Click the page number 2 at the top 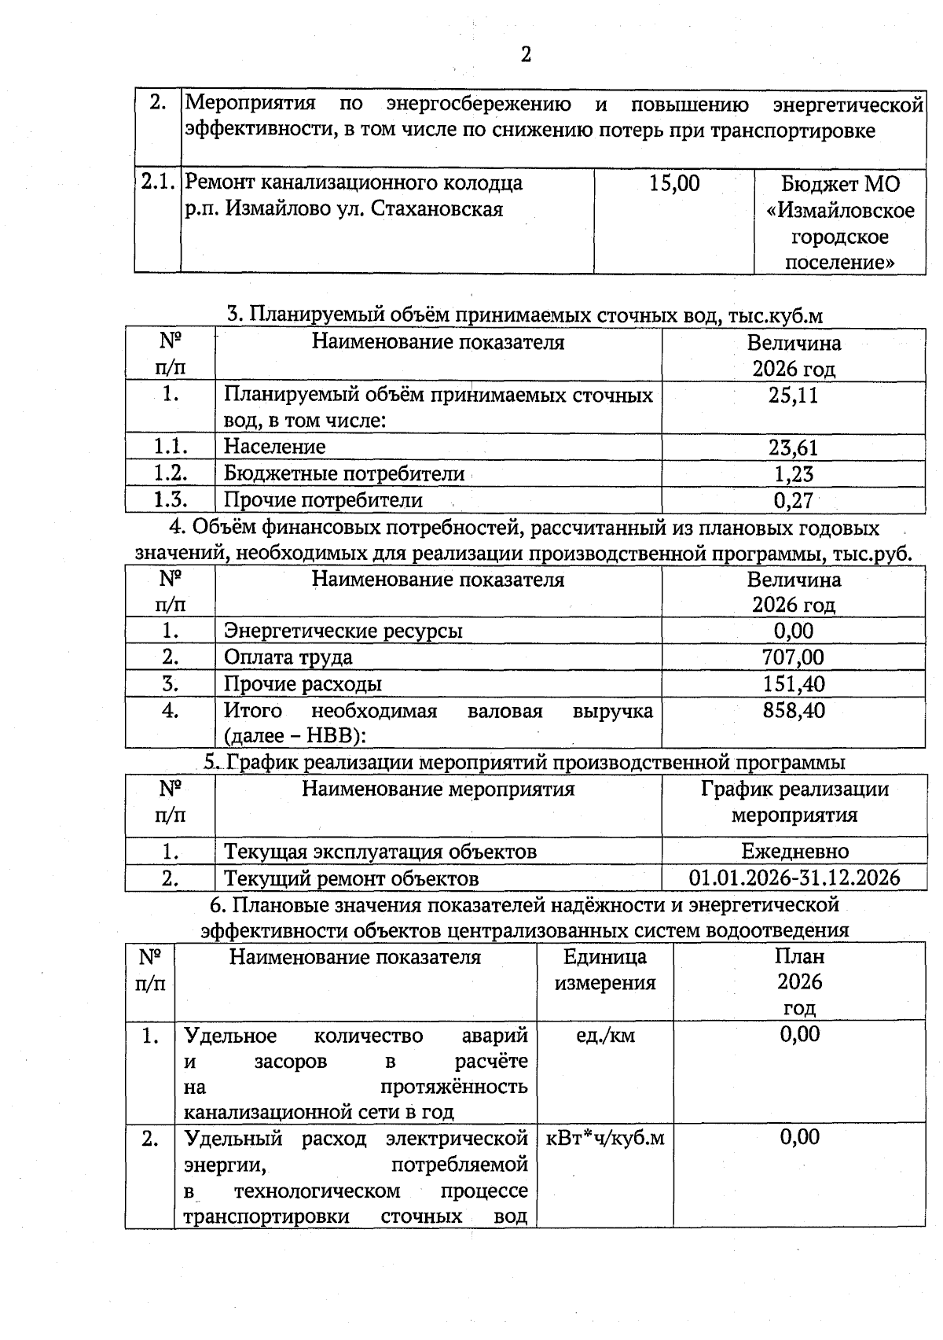(526, 54)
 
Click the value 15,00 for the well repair (674, 184)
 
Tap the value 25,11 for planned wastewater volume (793, 396)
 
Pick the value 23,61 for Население (793, 447)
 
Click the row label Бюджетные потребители (344, 474)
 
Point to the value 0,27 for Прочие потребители (793, 500)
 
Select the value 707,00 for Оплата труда (793, 657)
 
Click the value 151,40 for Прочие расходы (793, 683)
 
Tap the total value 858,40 (793, 711)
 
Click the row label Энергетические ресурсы (343, 631)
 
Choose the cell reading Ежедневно (794, 852)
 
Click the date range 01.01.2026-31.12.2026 (794, 878)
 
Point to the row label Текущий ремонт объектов (351, 878)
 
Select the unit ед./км (605, 1036)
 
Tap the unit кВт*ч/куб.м (605, 1138)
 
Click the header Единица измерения (605, 970)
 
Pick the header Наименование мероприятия (438, 789)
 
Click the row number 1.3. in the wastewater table (170, 500)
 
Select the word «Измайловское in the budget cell (840, 211)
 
